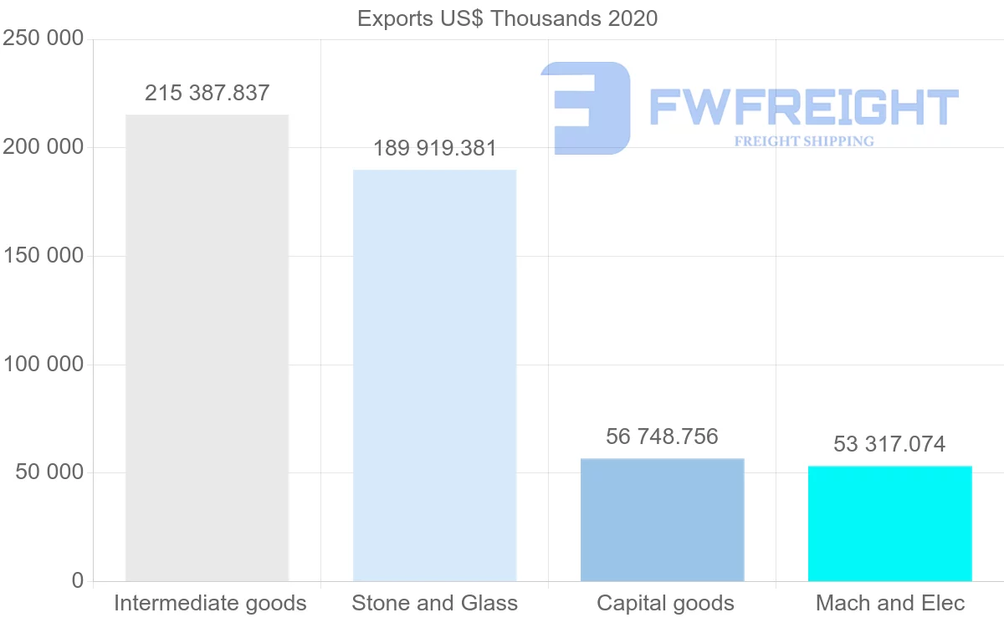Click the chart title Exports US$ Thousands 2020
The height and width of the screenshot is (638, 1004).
click(x=507, y=18)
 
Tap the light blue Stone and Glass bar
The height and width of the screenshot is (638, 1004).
click(x=434, y=375)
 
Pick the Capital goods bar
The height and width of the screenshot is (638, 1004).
click(x=662, y=519)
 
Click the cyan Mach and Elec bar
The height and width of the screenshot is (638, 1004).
click(x=889, y=523)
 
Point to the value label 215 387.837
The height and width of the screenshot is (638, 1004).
click(x=207, y=93)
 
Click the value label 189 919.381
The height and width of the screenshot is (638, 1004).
click(x=434, y=149)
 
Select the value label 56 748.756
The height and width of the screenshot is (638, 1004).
click(x=662, y=436)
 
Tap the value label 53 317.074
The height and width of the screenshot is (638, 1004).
click(x=889, y=444)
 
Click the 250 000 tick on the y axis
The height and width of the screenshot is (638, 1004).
click(x=44, y=38)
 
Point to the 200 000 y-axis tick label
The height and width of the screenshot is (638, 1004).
click(x=44, y=147)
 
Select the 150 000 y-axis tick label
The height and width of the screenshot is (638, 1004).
click(x=44, y=256)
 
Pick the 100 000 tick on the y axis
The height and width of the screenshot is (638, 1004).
click(x=44, y=365)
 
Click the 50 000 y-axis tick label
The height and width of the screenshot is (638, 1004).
click(x=49, y=472)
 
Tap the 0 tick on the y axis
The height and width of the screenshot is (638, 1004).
click(x=78, y=580)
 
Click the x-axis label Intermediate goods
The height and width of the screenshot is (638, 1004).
click(x=210, y=603)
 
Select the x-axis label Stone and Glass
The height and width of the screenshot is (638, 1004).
click(x=434, y=603)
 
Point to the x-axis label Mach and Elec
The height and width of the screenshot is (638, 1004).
click(x=890, y=603)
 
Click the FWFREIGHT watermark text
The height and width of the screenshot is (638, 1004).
click(x=803, y=107)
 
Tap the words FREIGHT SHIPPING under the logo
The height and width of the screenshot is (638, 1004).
click(x=804, y=141)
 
